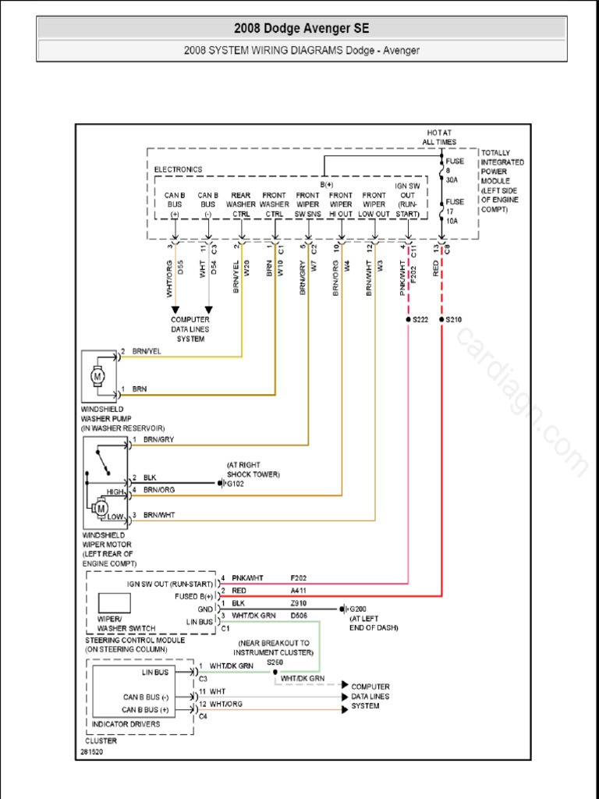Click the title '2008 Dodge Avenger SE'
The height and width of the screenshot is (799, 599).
coord(302,29)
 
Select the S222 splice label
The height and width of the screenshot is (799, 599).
coord(422,320)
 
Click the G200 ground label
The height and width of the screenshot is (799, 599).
coord(358,609)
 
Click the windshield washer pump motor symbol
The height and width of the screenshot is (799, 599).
coord(99,376)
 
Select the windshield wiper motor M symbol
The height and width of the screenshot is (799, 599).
coord(101,509)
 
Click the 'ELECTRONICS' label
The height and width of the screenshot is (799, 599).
coord(178,169)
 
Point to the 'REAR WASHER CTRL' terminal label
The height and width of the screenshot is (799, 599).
coord(241,204)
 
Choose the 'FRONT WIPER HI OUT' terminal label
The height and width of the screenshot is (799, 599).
coord(341,204)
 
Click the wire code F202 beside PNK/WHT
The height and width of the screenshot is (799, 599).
coord(299,578)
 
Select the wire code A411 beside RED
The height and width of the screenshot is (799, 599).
coord(299,591)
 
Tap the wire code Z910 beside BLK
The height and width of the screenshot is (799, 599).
coord(299,603)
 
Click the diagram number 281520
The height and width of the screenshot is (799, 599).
coord(91,753)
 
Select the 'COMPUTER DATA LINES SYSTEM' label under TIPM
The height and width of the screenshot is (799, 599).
coord(190,329)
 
